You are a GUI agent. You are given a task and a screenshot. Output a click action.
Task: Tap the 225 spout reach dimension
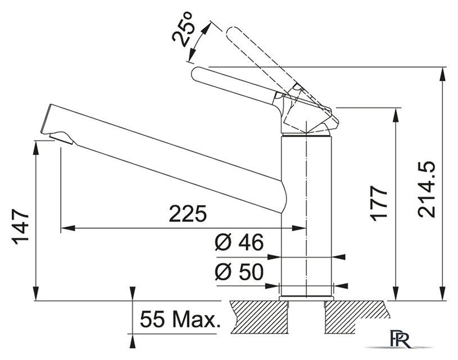tap(188, 214)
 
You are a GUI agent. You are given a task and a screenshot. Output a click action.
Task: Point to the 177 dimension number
tap(379, 202)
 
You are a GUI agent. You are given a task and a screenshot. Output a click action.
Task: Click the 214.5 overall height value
tap(426, 190)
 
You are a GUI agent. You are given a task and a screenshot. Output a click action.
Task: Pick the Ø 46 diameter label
tap(239, 242)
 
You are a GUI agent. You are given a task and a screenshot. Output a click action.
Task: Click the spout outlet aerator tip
tap(61, 137)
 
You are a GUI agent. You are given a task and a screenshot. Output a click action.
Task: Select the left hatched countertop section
tap(259, 317)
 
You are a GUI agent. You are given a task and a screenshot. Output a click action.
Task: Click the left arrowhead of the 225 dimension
tap(68, 228)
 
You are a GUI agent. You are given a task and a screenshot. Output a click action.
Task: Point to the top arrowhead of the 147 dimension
tap(36, 148)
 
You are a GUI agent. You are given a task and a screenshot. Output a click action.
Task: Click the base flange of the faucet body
tap(306, 298)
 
